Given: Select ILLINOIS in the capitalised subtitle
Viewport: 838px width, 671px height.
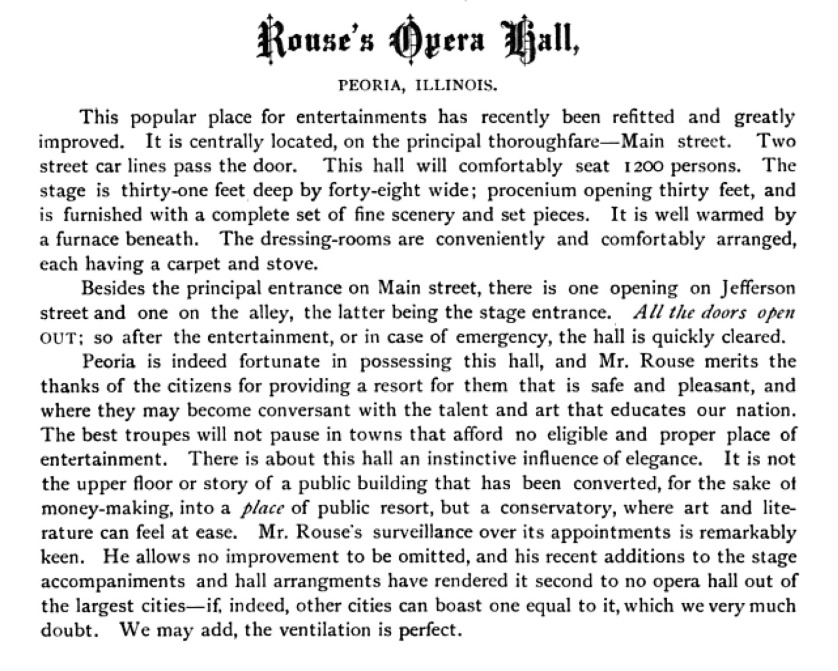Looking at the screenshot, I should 456,85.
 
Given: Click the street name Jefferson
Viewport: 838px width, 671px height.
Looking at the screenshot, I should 758,288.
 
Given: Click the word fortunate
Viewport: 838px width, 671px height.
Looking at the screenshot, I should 279,361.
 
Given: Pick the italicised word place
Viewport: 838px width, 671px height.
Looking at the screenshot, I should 262,508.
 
